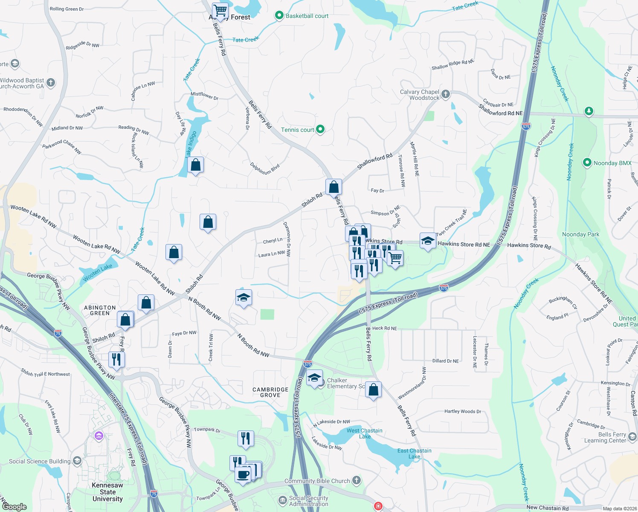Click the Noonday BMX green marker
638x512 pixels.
(587, 163)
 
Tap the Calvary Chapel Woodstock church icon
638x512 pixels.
(446, 94)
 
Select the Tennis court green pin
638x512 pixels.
(320, 129)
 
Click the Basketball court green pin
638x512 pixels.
(279, 16)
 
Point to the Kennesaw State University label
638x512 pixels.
(107, 492)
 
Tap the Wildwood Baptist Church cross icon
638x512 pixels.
(51, 82)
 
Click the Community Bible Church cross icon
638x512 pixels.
(357, 480)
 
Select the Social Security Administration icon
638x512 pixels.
(282, 500)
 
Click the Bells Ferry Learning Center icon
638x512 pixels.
(632, 436)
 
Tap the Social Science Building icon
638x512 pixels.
(77, 461)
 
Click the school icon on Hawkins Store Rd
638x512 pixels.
(428, 241)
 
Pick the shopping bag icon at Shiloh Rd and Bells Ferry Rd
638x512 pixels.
(333, 187)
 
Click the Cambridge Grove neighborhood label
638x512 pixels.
(270, 392)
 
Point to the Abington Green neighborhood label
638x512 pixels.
(100, 310)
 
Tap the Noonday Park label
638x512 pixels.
(580, 234)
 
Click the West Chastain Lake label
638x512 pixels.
(364, 433)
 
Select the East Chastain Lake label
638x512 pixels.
(414, 453)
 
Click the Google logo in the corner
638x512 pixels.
(14, 506)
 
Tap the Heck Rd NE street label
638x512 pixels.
(384, 328)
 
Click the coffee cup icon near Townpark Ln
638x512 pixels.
(243, 474)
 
